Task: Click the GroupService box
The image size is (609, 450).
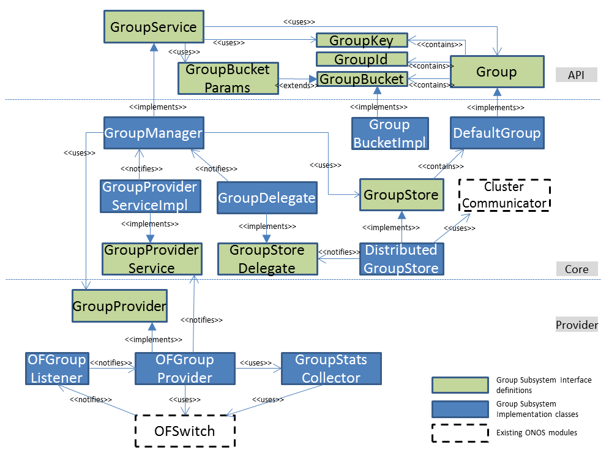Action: point(153,28)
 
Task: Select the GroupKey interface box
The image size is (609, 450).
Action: point(361,40)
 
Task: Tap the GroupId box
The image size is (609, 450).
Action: point(361,59)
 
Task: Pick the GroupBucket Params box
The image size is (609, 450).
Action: point(228,78)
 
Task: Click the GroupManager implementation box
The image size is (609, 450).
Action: point(153,132)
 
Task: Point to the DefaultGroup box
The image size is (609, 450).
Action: point(496,133)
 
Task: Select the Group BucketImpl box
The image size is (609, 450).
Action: point(389,133)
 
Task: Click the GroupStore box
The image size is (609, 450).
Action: point(401,195)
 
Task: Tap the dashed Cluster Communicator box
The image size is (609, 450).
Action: point(505,195)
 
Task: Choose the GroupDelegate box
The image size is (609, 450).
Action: point(267,198)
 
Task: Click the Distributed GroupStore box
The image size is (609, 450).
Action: point(401,259)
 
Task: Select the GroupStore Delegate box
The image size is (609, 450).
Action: point(267,259)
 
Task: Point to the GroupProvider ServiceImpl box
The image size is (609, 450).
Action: point(151,196)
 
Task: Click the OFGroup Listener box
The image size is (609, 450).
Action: point(56,369)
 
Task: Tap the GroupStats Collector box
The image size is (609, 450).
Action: point(331,369)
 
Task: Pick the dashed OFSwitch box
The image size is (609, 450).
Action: point(185,431)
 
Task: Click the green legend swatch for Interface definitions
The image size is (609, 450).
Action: point(458,385)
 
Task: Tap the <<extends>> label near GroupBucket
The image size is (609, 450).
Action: point(297,85)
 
